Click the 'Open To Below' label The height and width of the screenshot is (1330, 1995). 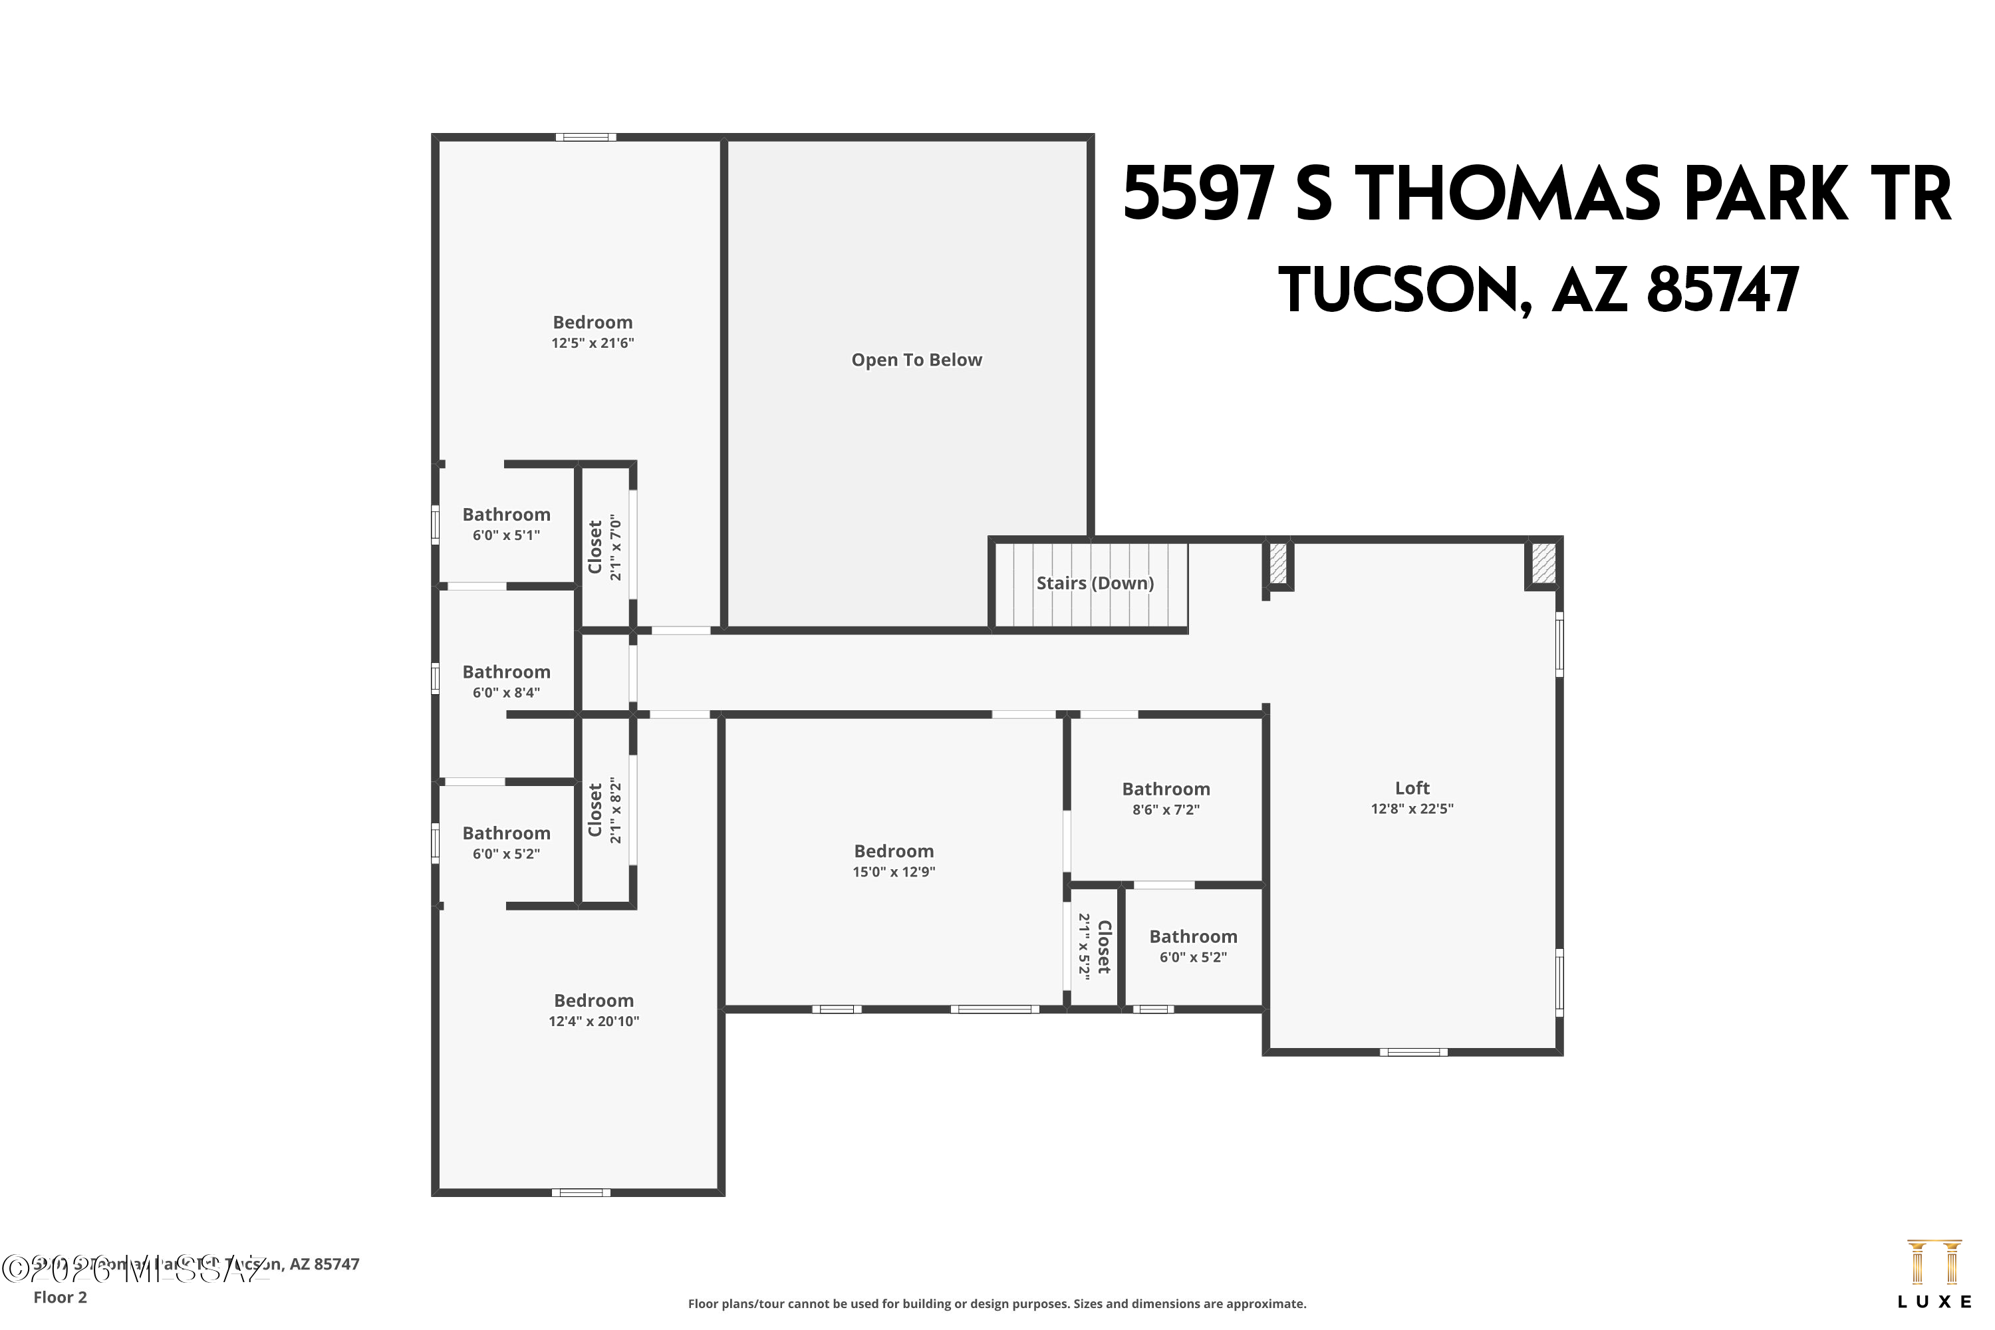[x=916, y=360]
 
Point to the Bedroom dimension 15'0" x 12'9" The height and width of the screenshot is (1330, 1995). [x=893, y=872]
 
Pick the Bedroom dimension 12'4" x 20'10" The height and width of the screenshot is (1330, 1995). [x=593, y=1021]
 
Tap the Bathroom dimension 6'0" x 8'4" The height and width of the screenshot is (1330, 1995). [x=505, y=693]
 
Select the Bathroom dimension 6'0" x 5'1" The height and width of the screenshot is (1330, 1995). [x=505, y=535]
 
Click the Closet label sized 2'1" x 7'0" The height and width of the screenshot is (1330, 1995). [x=595, y=547]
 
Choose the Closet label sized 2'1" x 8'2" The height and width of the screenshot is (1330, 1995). [x=595, y=809]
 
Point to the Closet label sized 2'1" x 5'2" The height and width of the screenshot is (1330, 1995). [x=1103, y=946]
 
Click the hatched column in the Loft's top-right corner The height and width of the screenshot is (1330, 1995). [x=1543, y=563]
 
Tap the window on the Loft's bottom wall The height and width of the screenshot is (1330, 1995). [x=1413, y=1052]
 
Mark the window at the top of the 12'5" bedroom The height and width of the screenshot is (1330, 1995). [x=586, y=136]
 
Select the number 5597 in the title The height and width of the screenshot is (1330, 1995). [x=1198, y=194]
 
